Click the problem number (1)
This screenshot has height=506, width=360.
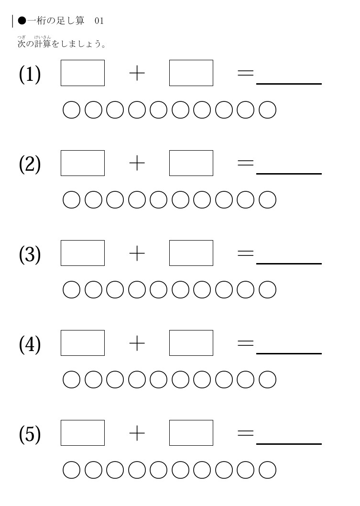(x=30, y=74)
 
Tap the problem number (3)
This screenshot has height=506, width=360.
(x=30, y=254)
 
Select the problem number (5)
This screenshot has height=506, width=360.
(x=30, y=434)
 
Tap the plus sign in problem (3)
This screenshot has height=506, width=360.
(x=137, y=253)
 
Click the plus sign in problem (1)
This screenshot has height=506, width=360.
(x=137, y=73)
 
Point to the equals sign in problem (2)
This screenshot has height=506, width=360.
(x=245, y=163)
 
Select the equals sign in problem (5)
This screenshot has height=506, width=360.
(x=245, y=433)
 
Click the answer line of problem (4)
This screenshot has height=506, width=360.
(x=289, y=354)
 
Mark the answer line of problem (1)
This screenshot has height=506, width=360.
(x=289, y=84)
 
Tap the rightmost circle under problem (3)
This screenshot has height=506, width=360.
(x=267, y=281)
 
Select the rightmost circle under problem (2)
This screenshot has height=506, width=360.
(x=267, y=191)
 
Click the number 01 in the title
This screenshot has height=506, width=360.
(x=99, y=21)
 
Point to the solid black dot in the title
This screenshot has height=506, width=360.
(x=22, y=21)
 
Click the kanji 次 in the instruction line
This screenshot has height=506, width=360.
(x=22, y=44)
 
